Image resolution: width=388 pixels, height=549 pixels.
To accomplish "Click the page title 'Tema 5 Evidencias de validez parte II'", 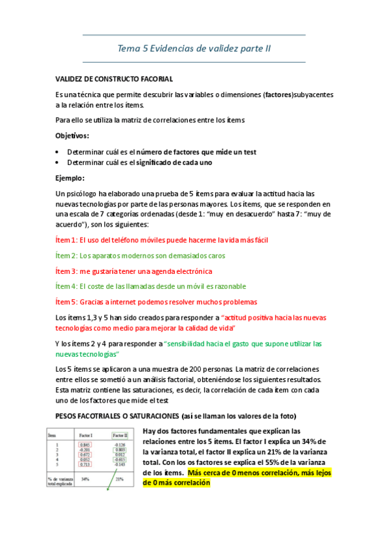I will (194, 48).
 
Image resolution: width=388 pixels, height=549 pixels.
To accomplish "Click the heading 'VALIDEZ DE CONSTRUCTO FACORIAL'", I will (114, 79).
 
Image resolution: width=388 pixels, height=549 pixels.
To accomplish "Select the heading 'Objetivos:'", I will (73, 136).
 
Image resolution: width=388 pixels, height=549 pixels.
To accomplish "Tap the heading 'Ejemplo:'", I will (70, 178).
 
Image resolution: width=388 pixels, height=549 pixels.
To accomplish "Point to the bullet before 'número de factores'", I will (58, 152).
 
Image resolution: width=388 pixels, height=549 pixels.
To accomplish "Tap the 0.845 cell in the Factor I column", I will (84, 445).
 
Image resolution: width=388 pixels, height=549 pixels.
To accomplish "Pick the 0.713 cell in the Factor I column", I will (84, 465).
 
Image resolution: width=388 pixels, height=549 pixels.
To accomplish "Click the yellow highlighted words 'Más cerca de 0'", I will (214, 473).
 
